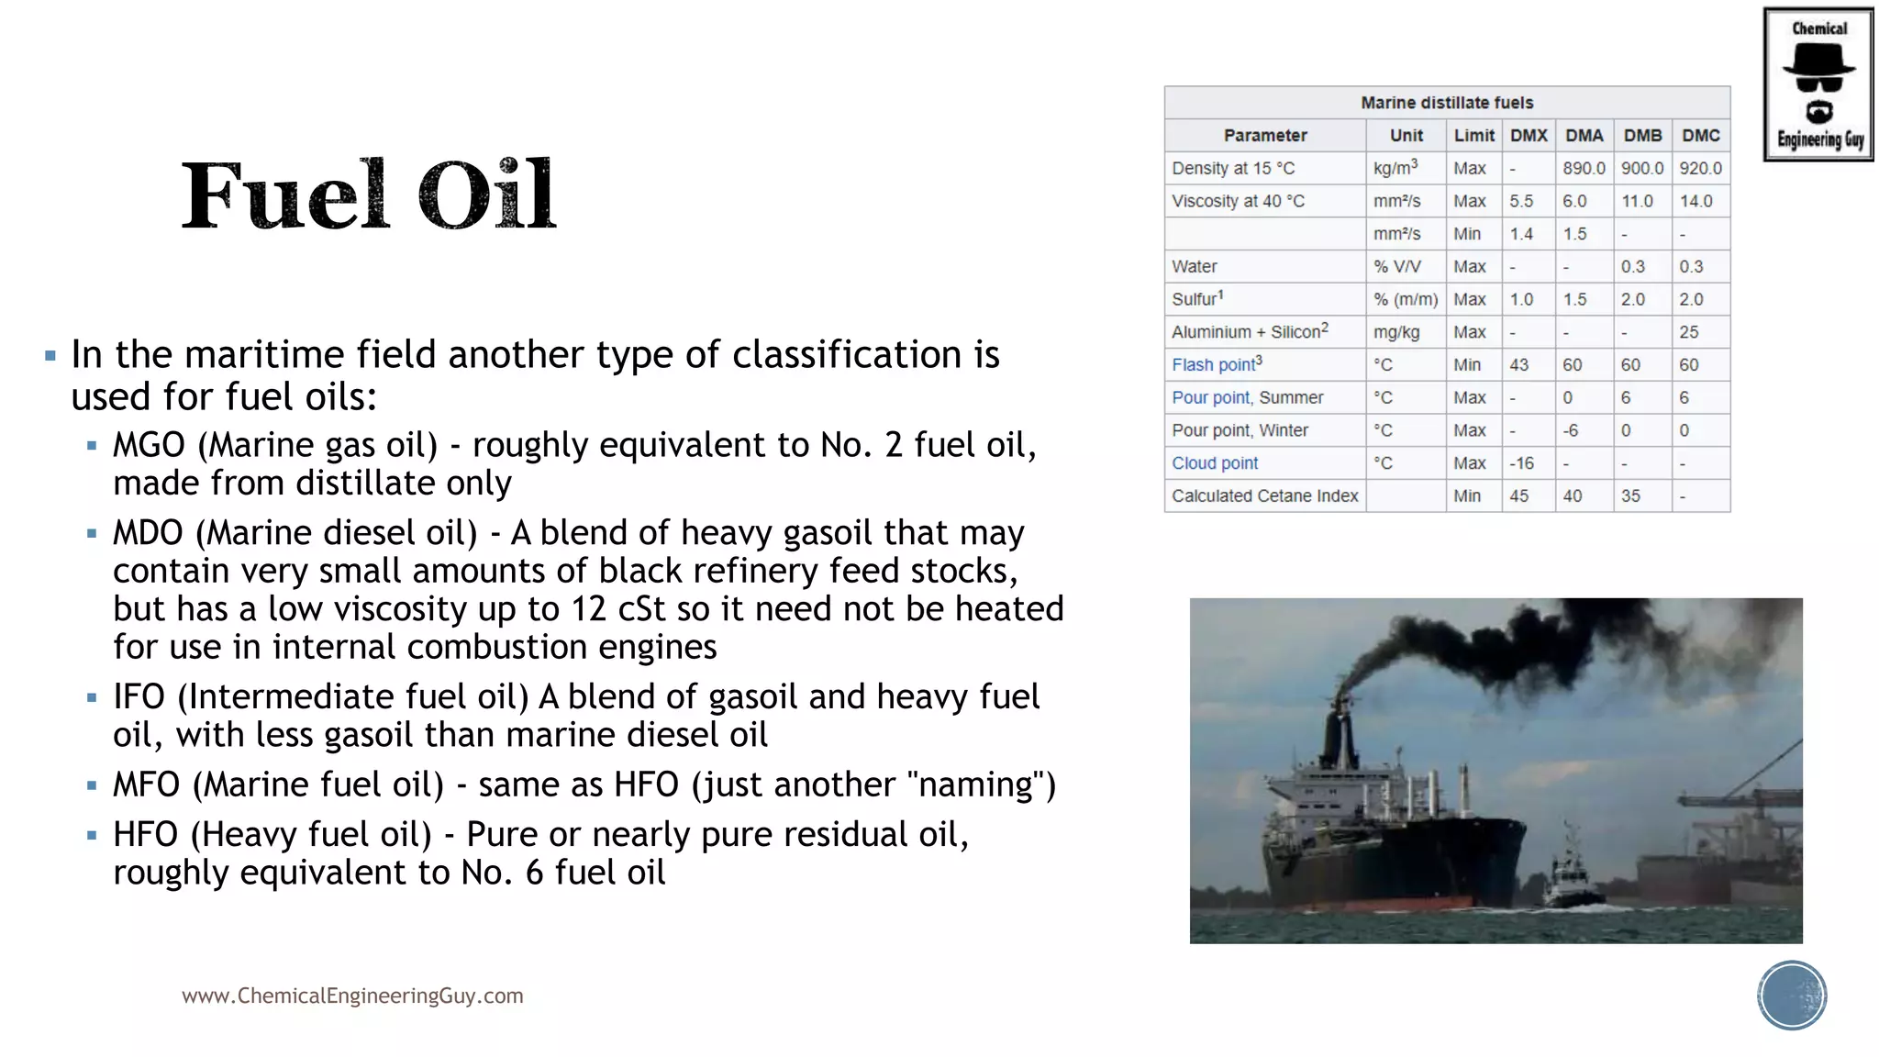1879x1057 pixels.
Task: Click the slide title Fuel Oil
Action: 368,195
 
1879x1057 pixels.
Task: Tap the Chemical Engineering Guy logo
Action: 1818,84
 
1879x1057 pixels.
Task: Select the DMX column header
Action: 1529,136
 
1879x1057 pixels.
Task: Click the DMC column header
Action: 1700,136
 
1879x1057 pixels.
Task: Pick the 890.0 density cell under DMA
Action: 1584,169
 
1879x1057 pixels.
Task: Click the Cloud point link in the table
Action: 1215,463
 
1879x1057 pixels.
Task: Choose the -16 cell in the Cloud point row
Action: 1521,463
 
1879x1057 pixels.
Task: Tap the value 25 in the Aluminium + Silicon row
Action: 1689,332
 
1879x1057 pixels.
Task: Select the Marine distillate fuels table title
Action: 1447,103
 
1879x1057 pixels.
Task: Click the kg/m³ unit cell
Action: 1395,168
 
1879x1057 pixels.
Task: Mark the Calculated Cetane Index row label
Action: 1264,496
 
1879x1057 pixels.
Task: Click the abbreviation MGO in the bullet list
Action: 149,446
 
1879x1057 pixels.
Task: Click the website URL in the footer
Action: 352,996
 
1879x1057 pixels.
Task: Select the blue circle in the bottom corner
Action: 1792,996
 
